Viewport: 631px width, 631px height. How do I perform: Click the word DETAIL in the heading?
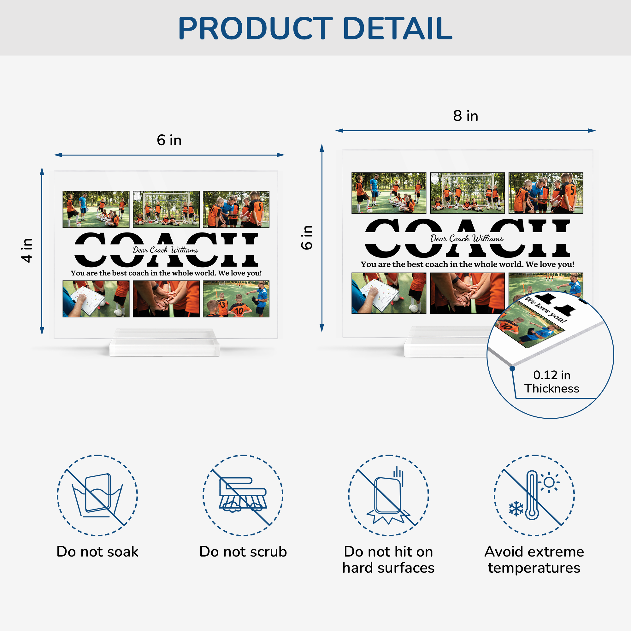(x=398, y=28)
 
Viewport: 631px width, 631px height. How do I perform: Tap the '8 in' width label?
(x=465, y=116)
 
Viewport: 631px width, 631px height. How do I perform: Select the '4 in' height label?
(x=27, y=251)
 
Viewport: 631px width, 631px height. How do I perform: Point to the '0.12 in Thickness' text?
(x=551, y=381)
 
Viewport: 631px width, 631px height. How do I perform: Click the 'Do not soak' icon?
(x=97, y=495)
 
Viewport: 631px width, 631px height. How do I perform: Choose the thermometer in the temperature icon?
(x=532, y=495)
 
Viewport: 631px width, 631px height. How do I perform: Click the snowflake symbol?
(x=516, y=509)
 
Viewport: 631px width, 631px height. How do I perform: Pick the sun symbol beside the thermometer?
(x=549, y=482)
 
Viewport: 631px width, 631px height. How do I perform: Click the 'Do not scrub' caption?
(x=243, y=551)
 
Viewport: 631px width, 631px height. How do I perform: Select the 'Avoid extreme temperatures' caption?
(x=534, y=560)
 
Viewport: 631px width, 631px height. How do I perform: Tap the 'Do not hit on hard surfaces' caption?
(x=388, y=560)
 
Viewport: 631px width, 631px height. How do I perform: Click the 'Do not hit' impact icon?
(x=388, y=495)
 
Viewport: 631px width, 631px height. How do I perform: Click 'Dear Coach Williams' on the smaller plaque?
(x=166, y=250)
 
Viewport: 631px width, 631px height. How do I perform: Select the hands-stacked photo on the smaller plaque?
(x=166, y=299)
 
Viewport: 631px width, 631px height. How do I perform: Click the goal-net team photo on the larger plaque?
(x=467, y=193)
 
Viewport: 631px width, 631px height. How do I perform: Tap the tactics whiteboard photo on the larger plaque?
(x=389, y=293)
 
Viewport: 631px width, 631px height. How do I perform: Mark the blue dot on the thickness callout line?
(x=512, y=369)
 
